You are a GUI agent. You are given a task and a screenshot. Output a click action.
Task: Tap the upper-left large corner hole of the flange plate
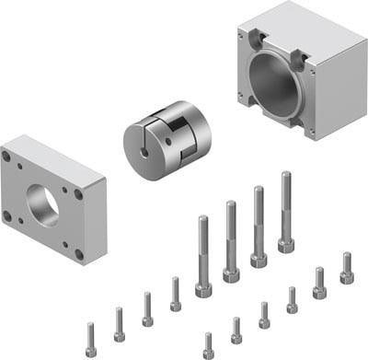click(7, 157)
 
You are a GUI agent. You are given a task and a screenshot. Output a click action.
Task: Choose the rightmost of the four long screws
click(286, 212)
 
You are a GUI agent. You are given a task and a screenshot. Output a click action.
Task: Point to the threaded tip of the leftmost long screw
click(201, 221)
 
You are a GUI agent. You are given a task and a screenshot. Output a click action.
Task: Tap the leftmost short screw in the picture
click(91, 340)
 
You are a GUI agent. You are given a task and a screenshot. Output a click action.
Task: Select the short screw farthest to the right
click(346, 268)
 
